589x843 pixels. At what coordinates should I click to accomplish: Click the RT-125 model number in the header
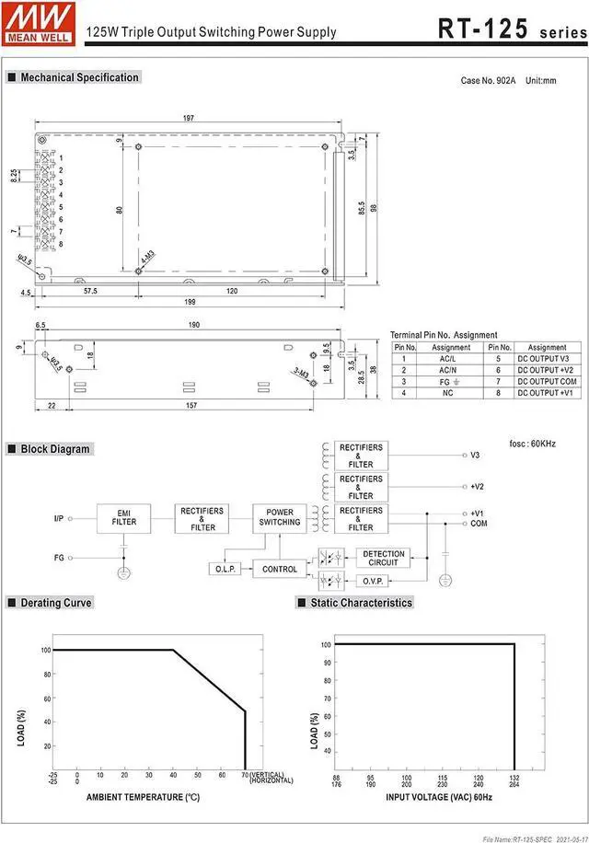point(482,29)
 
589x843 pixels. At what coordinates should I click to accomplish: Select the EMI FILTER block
point(124,517)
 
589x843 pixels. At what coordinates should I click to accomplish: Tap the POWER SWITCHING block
point(280,517)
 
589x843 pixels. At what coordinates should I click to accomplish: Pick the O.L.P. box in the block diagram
point(226,570)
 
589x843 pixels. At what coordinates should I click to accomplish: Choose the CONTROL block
point(280,570)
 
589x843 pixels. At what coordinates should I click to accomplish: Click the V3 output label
point(475,456)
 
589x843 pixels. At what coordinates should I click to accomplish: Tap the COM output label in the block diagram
point(478,524)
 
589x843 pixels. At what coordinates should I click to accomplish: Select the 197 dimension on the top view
point(189,118)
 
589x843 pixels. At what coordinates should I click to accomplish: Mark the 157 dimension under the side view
point(191,406)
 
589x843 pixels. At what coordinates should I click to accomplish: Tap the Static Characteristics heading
point(361,603)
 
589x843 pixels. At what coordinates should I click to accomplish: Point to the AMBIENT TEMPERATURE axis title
point(143,796)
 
